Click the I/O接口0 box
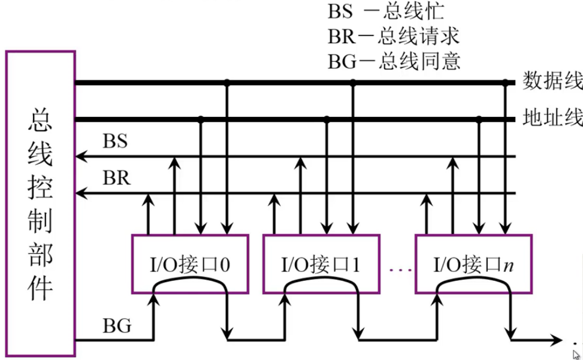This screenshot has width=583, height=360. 189,264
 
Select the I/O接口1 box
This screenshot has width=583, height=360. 321,264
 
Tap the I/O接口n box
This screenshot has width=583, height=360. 474,264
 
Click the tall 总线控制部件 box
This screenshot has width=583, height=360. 41,204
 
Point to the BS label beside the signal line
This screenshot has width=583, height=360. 116,142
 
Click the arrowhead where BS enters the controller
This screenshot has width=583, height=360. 80,157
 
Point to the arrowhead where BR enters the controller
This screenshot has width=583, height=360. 80,193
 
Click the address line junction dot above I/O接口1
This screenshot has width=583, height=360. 327,119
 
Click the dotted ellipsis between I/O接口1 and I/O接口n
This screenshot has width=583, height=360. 398,270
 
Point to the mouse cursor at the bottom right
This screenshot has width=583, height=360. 576,354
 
